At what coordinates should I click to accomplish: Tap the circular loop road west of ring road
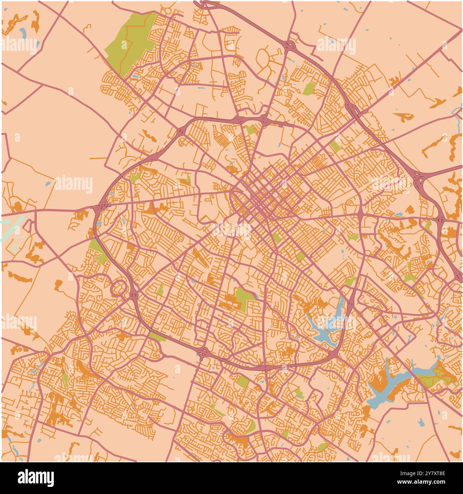(x=119, y=287)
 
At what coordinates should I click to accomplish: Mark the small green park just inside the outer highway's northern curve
(x=309, y=88)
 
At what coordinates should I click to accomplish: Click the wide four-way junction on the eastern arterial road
(x=360, y=214)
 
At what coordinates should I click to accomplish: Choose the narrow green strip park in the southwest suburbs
(x=65, y=381)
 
